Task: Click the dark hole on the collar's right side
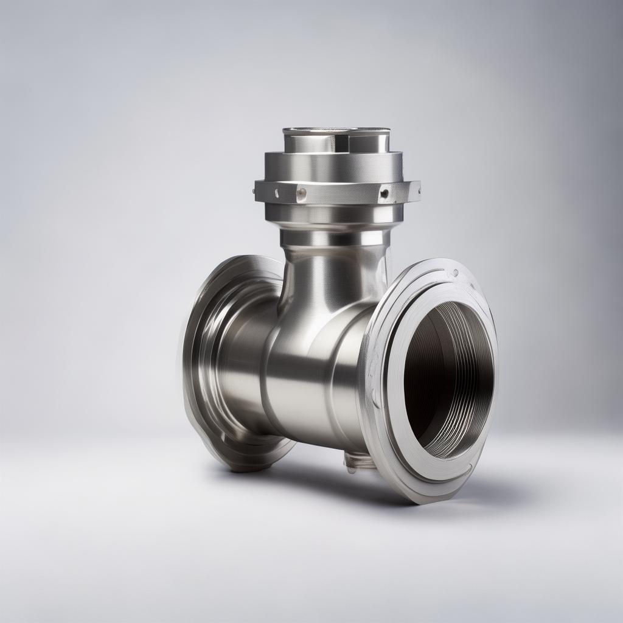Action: (x=383, y=194)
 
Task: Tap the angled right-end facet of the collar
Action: (x=413, y=192)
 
